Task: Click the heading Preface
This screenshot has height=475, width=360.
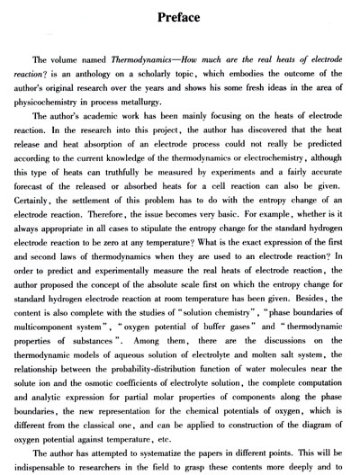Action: pos(179,17)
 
